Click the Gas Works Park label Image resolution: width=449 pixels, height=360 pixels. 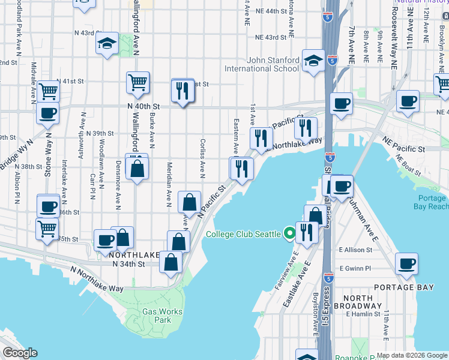pos(158,316)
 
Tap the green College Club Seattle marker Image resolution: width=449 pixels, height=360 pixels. pos(289,233)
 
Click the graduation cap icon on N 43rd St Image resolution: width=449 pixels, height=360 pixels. pos(107,44)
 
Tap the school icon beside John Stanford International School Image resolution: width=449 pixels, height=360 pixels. pos(313,61)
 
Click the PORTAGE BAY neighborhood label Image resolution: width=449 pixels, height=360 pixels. pos(403,287)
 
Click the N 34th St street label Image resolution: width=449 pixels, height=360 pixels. pos(128,263)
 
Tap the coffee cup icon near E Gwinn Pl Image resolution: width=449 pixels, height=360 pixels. pos(407,265)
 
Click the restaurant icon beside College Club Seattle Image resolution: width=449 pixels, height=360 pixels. pos(307,231)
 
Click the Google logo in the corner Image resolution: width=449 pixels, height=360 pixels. pos(20,353)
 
